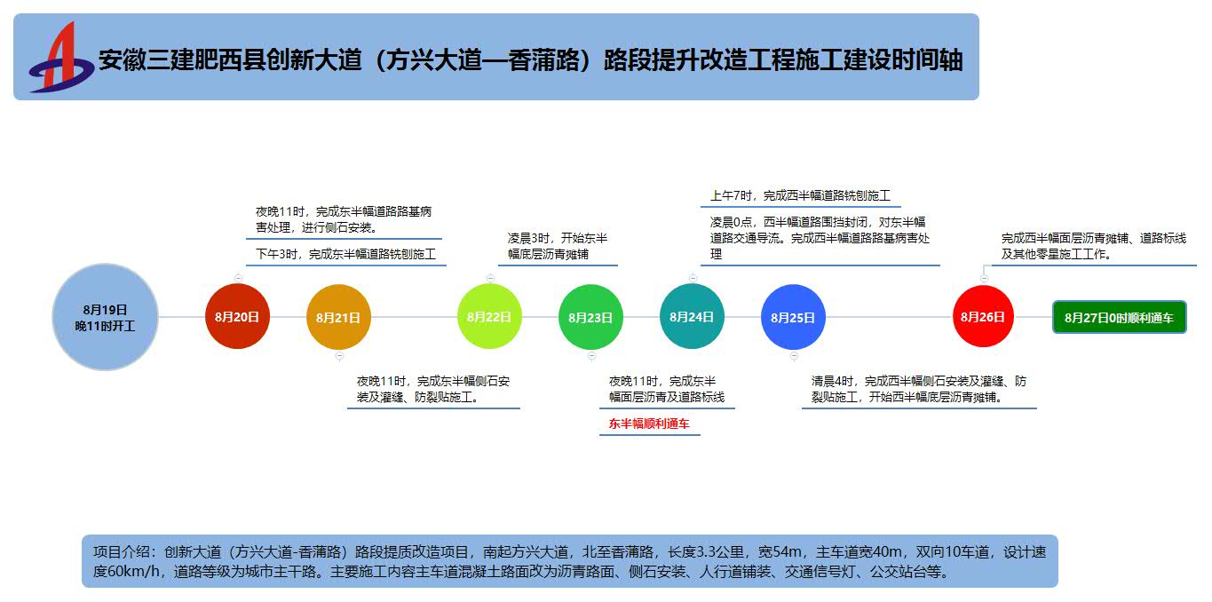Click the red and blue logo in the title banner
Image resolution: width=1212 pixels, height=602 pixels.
click(60, 58)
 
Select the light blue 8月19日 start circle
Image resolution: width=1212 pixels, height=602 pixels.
click(106, 317)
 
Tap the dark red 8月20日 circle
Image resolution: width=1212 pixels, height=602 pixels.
click(237, 317)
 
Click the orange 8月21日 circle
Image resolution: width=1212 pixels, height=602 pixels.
click(338, 317)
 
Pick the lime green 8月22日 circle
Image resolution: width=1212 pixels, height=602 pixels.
click(489, 317)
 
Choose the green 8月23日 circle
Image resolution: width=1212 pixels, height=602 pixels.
click(590, 317)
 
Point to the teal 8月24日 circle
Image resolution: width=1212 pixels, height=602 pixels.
click(692, 317)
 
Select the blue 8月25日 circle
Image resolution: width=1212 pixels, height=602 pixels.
click(793, 317)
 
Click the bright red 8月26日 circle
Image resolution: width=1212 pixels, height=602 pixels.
click(983, 317)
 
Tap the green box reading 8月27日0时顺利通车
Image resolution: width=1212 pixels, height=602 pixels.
click(1119, 317)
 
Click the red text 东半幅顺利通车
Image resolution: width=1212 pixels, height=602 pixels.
click(649, 424)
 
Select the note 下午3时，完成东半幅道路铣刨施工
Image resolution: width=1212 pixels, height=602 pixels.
click(346, 255)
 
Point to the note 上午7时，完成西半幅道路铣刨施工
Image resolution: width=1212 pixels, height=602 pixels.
click(800, 195)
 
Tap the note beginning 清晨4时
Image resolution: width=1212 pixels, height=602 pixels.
click(919, 389)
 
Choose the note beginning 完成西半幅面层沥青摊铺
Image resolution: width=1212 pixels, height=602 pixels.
click(1093, 246)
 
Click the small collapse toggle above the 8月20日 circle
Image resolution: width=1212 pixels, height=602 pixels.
click(238, 278)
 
